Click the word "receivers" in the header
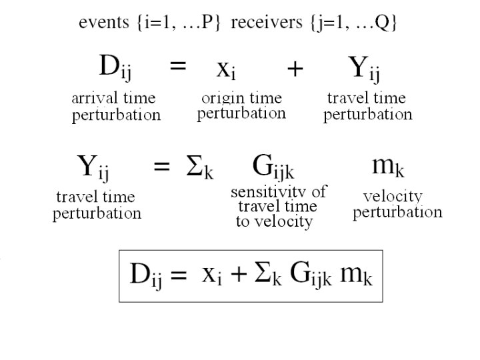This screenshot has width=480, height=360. click(262, 23)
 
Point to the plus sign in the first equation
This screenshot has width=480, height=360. click(294, 69)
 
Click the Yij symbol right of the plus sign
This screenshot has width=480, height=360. click(364, 69)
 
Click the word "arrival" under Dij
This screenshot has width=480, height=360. click(93, 99)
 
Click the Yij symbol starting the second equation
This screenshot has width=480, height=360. click(93, 167)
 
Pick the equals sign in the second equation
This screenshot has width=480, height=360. click(161, 167)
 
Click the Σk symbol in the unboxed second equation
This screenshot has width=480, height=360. click(199, 167)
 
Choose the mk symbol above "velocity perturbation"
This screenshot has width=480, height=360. click(387, 167)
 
